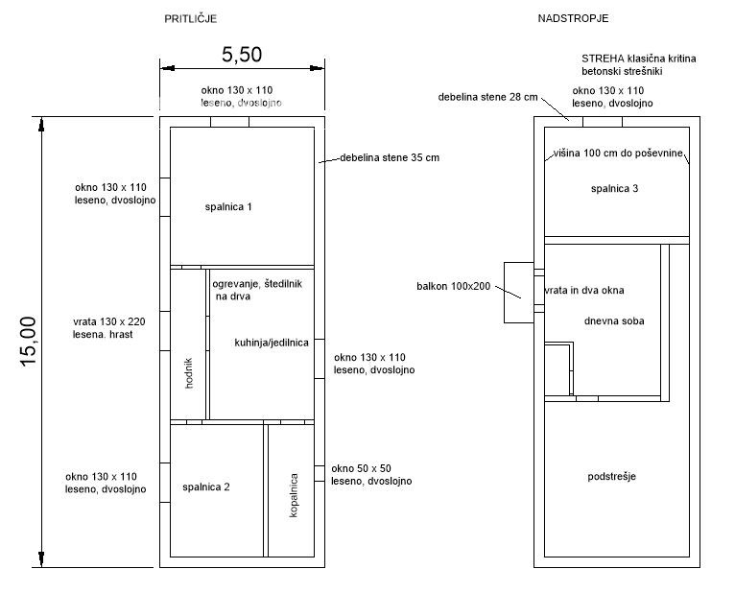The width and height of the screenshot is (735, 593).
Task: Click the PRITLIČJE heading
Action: [190, 19]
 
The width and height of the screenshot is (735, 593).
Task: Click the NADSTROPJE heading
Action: [573, 18]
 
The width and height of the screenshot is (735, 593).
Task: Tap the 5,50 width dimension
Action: [242, 55]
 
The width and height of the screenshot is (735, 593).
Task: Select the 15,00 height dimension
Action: [28, 342]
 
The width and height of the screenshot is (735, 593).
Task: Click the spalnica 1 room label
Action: [228, 206]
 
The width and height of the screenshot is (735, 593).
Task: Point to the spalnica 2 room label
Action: [206, 487]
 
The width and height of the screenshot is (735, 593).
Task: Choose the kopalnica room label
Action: [294, 495]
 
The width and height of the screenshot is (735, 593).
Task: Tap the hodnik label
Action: [188, 373]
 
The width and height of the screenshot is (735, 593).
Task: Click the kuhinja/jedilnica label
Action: [272, 343]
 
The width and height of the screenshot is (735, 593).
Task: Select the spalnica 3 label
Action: [614, 188]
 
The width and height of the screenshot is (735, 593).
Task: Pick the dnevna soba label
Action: [614, 321]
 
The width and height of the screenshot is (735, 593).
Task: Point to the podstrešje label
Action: [612, 477]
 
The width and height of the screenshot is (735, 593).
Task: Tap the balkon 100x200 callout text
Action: [453, 286]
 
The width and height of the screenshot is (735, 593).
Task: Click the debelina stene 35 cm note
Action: [390, 157]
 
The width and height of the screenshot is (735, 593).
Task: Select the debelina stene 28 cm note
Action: [488, 97]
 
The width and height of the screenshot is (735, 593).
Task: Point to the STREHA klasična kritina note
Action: [639, 59]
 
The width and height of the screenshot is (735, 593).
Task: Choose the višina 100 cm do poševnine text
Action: [618, 153]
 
